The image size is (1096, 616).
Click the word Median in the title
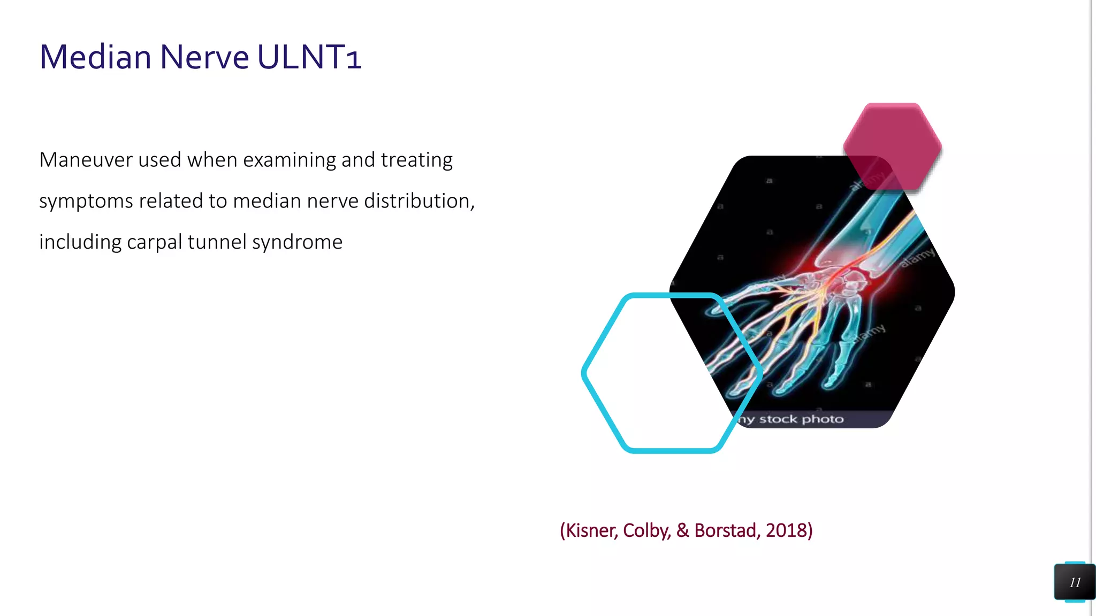coord(95,57)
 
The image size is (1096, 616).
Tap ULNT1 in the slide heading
coord(309,57)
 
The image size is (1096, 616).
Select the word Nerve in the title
coord(204,57)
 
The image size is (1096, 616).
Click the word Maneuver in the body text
coord(85,160)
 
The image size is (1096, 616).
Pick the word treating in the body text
coord(416,160)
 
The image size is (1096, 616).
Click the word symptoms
coord(86,202)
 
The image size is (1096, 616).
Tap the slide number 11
coord(1075,582)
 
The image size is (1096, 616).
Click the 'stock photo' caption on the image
coord(801,419)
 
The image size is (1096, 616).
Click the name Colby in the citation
coord(646,530)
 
